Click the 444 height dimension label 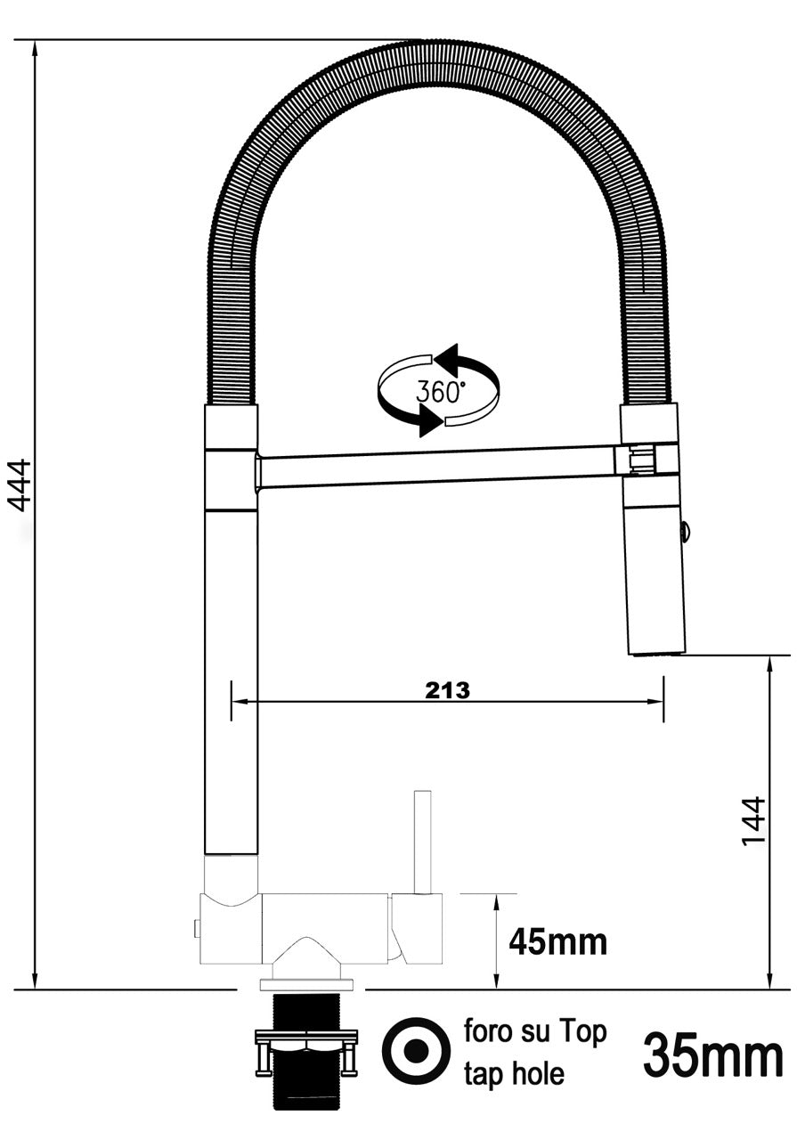tap(20, 485)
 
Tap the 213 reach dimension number tap(447, 690)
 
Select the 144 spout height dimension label tap(753, 821)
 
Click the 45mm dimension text tap(557, 940)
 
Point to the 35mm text tap(713, 1055)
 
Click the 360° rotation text tap(441, 391)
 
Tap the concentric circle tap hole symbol tap(415, 1051)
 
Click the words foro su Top tap(535, 1032)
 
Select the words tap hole tap(514, 1074)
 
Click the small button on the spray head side tap(685, 531)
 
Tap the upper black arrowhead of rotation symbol tap(448, 360)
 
